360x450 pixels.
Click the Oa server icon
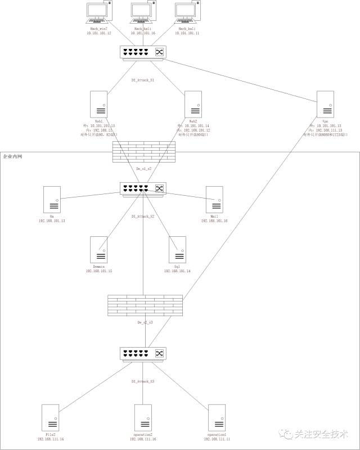[x=52, y=200]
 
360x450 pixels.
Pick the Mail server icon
[x=214, y=200]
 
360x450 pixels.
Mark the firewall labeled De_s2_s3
[x=145, y=305]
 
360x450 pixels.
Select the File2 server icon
[x=51, y=417]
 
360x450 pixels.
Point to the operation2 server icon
[x=143, y=417]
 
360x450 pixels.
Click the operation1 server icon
[x=217, y=417]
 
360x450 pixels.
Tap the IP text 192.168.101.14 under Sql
[x=177, y=271]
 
